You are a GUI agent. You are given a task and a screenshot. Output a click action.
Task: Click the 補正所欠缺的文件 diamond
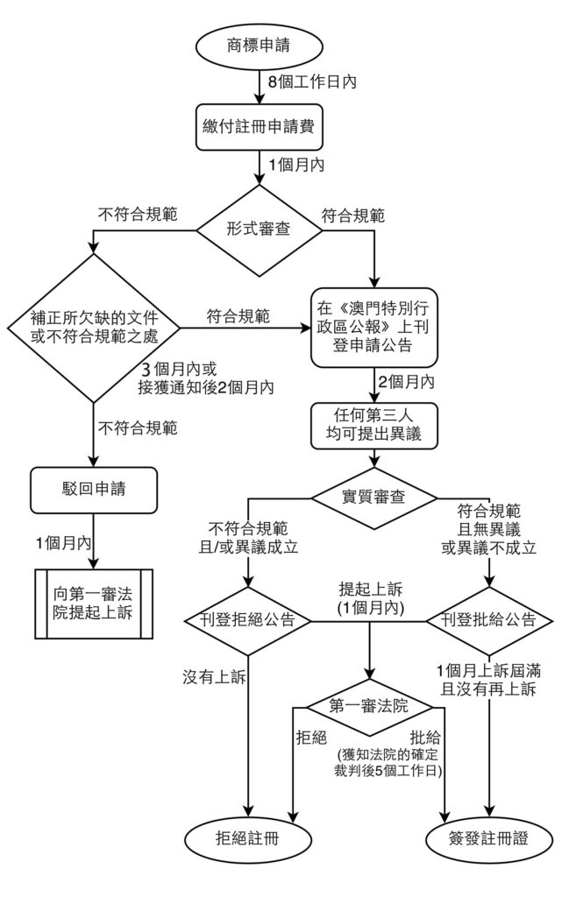click(92, 329)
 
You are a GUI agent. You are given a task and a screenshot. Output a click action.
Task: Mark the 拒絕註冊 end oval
click(251, 837)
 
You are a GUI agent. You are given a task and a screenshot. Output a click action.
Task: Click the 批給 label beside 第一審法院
click(427, 736)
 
